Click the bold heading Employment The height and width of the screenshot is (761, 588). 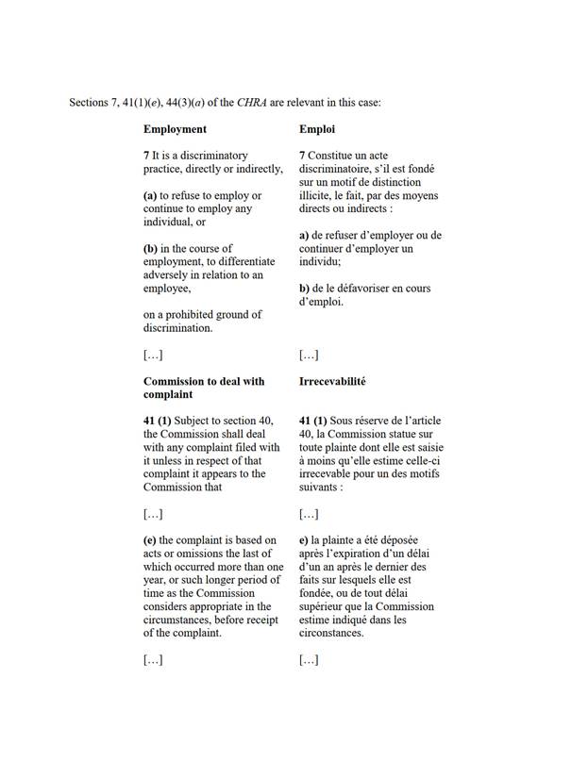175,128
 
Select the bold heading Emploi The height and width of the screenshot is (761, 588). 317,128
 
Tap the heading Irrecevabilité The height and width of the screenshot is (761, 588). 332,382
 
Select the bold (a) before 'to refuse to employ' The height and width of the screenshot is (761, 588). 150,195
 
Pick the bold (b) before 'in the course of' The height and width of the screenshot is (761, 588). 151,248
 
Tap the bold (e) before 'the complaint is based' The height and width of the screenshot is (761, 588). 150,540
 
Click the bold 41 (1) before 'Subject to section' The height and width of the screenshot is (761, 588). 160,421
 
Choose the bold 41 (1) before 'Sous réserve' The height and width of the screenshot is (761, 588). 315,421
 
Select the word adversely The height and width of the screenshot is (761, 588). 170,274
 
